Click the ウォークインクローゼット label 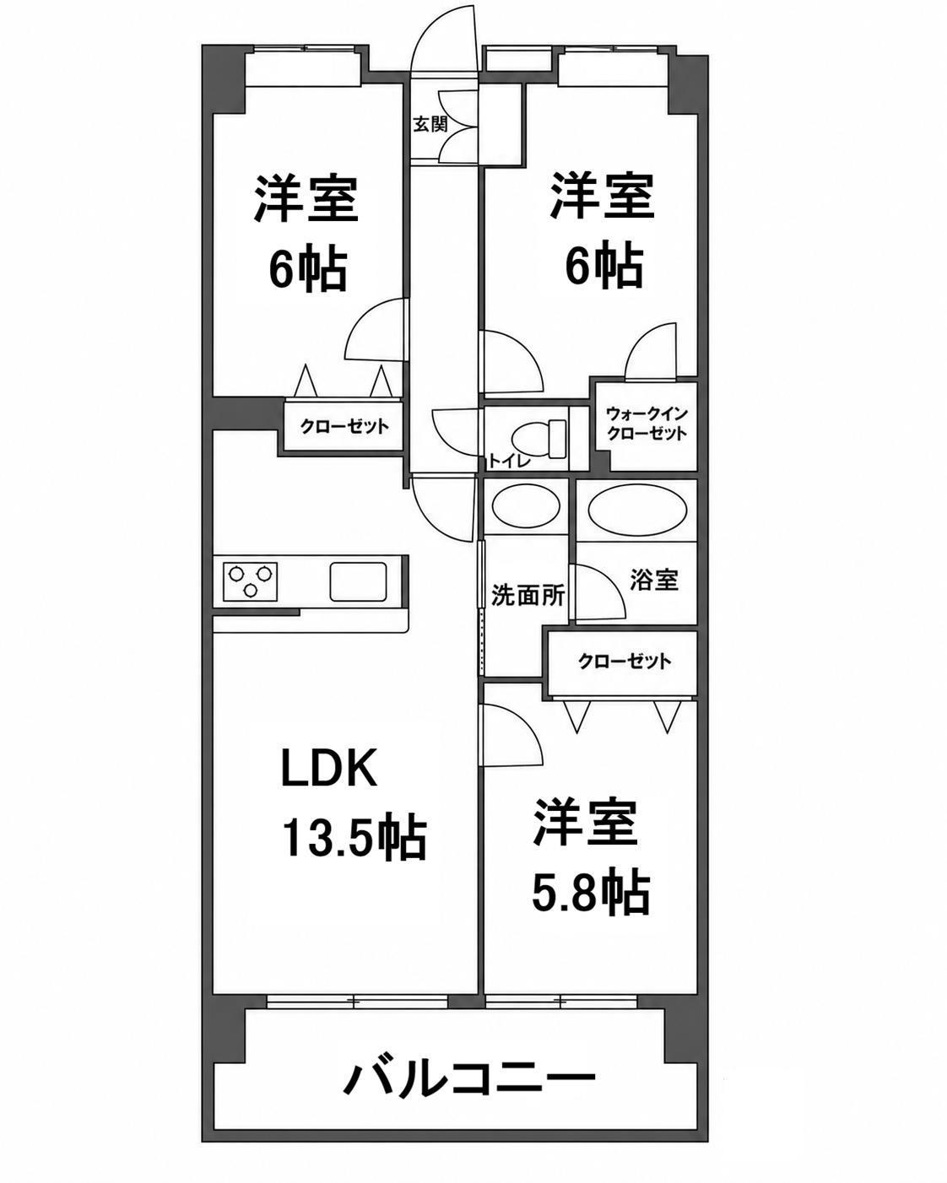click(647, 424)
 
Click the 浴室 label click(654, 580)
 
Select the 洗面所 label click(528, 595)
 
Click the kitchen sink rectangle click(358, 581)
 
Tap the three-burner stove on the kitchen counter click(250, 581)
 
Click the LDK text click(329, 767)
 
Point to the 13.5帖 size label click(354, 839)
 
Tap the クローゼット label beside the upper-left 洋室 click(344, 426)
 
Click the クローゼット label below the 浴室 click(625, 661)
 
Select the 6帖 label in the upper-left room click(307, 270)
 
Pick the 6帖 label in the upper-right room click(604, 267)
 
